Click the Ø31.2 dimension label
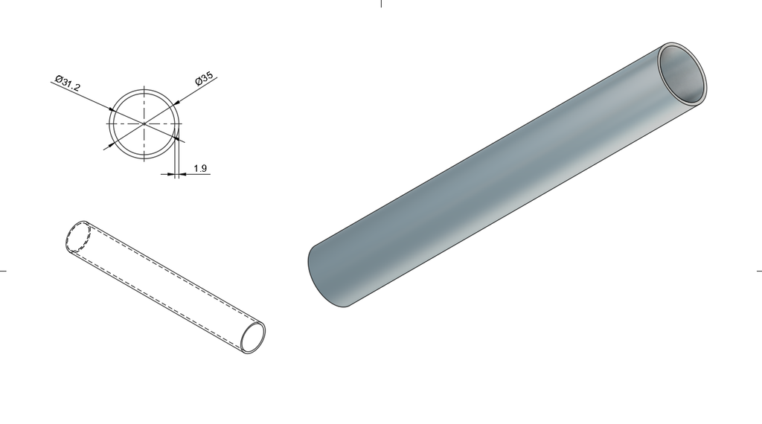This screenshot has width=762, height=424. [68, 83]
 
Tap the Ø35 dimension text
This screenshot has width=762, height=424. [204, 78]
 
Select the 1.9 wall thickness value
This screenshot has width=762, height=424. [200, 169]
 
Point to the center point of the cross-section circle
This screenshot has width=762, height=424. [144, 123]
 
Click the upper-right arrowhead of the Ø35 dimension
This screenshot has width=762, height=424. [176, 103]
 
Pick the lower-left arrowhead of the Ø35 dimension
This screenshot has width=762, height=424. [112, 144]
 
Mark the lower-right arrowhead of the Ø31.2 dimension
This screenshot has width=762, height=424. [176, 139]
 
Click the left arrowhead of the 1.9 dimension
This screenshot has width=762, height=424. [170, 174]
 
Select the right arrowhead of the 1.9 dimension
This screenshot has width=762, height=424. [182, 174]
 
